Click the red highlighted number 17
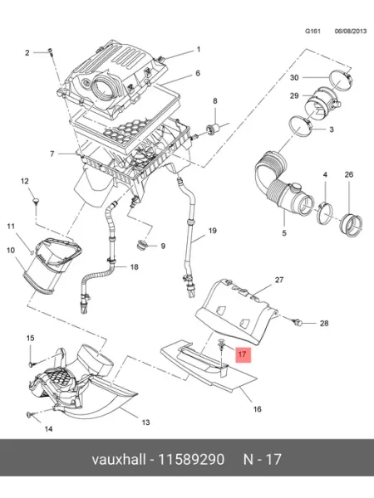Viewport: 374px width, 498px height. tap(243, 354)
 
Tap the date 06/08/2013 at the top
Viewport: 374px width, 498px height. tap(351, 32)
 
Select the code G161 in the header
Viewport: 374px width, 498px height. tap(312, 32)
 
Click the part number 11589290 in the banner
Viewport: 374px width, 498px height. tap(191, 459)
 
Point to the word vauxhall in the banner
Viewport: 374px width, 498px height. tap(119, 459)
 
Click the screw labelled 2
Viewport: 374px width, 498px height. tap(50, 52)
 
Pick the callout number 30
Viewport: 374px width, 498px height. tap(294, 77)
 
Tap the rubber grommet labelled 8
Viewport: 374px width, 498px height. tap(213, 129)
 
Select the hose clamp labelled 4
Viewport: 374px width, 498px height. tap(324, 211)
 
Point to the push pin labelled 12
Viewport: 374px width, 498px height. tap(36, 202)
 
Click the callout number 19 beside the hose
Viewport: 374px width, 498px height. tap(213, 231)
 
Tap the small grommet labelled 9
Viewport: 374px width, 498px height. tap(141, 245)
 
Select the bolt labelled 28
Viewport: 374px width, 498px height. tap(297, 322)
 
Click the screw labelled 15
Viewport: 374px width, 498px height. tap(32, 364)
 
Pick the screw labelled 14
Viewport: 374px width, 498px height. tap(29, 414)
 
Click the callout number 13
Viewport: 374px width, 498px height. tap(145, 422)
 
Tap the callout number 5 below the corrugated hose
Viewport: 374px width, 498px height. tap(284, 232)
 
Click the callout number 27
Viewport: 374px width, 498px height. tap(279, 280)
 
